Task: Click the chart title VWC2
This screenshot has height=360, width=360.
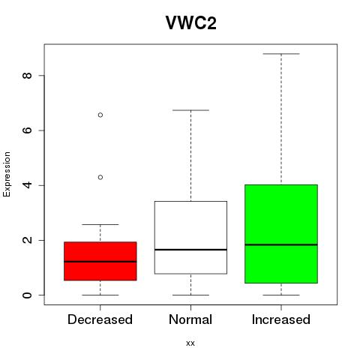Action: coord(191,23)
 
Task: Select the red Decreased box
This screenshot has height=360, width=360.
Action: coord(100,261)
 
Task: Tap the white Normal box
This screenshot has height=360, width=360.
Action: coord(190,238)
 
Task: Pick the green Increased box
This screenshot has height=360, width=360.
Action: coord(281,234)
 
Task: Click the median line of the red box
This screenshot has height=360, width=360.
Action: coord(100,262)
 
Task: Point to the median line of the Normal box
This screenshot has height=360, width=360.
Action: coord(190,250)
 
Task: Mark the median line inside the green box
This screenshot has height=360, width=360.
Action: coord(281,244)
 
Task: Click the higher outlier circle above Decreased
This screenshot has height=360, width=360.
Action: coord(100,115)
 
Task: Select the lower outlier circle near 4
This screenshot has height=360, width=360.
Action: coord(100,177)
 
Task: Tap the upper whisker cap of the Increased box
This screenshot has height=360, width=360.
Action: coord(281,54)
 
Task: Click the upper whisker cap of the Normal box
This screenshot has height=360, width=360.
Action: coord(190,110)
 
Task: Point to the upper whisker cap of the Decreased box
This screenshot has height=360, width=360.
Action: coord(100,224)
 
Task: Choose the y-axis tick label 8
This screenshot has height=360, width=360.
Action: coord(27,76)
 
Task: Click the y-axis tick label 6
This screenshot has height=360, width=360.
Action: coord(27,130)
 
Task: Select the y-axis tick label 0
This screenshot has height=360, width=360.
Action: coord(27,295)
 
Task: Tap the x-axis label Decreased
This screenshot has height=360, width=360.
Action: coord(100,319)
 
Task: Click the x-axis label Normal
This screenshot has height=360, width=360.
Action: coord(190,319)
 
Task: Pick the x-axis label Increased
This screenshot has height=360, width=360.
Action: coord(281,319)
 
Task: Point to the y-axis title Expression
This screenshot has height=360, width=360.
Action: coord(7,174)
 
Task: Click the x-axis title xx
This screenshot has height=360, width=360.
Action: coord(190,343)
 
